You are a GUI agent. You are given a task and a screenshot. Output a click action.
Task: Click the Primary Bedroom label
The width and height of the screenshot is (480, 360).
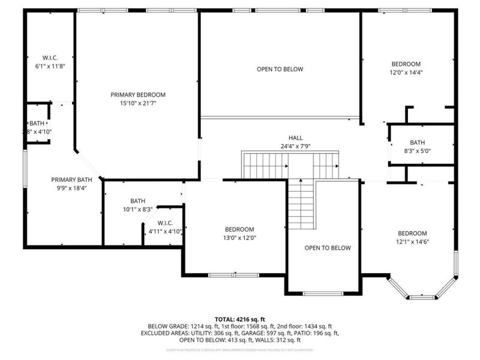tap(138, 95)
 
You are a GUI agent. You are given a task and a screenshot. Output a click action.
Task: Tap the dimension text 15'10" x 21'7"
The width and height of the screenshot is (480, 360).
tap(138, 103)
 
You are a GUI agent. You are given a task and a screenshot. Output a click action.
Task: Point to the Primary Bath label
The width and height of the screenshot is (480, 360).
tap(71, 179)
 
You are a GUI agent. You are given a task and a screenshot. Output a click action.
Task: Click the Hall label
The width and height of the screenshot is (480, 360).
tap(295, 138)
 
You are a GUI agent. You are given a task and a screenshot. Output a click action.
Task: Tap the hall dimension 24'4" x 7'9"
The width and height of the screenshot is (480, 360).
tap(295, 146)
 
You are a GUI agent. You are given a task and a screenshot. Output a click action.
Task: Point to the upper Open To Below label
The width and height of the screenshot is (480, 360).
tap(280, 69)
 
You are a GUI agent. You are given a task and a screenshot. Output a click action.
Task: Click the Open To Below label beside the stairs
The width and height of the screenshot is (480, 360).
tap(327, 248)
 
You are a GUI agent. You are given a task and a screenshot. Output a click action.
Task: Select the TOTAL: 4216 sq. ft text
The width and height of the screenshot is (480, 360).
tap(240, 319)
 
